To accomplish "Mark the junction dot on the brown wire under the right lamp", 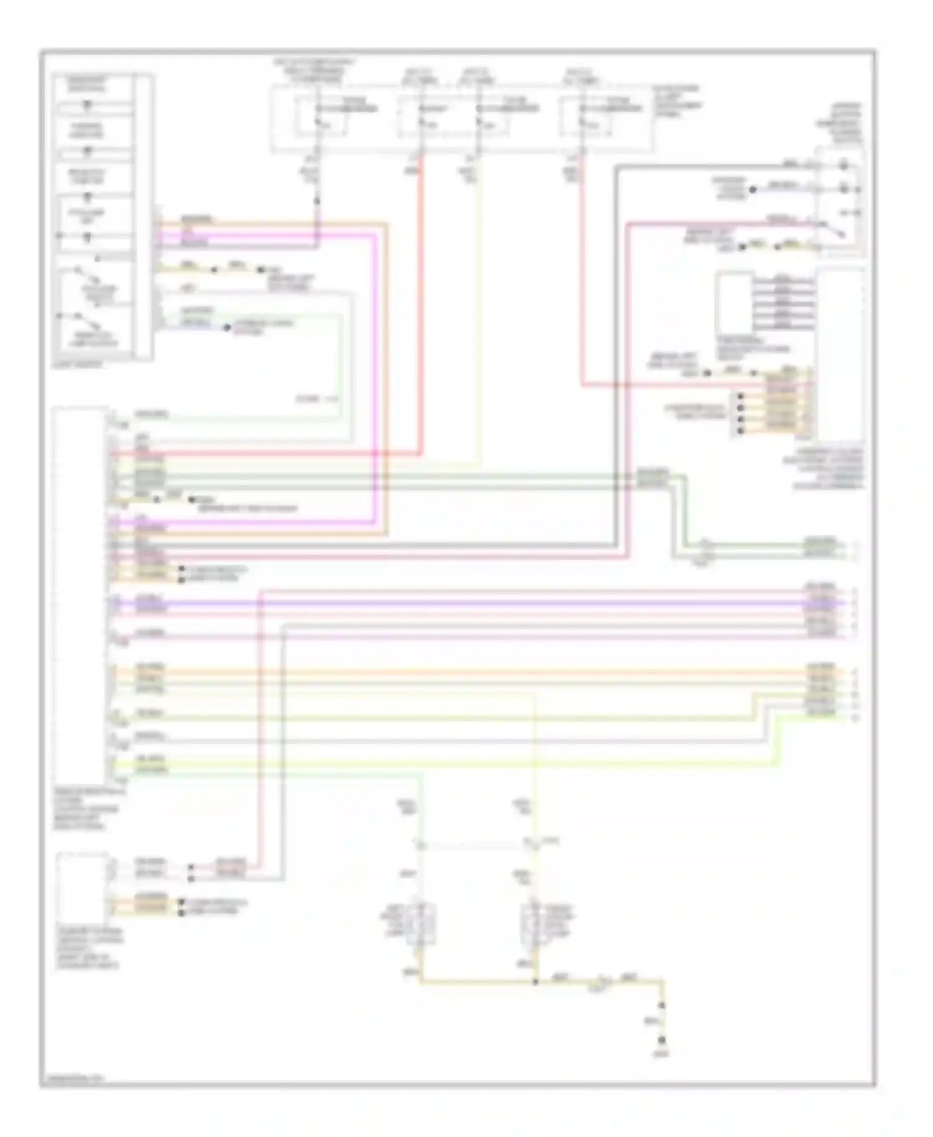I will (x=536, y=982).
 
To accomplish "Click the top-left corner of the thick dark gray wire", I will (x=616, y=167).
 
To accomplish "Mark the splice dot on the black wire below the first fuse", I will (x=317, y=201).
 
